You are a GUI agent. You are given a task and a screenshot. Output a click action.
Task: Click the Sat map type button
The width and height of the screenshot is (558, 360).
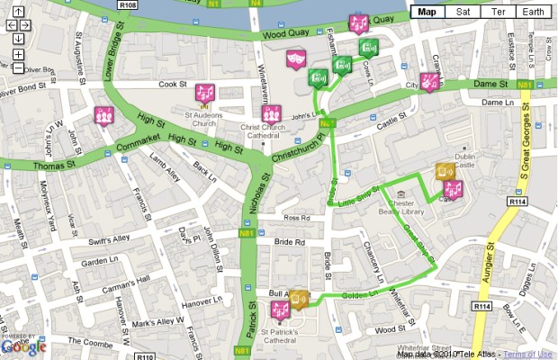[x=463, y=12]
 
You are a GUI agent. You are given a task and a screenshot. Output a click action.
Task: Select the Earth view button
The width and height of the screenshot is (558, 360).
[x=533, y=12]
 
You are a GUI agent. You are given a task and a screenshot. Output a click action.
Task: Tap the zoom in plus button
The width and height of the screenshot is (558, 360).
[x=18, y=55]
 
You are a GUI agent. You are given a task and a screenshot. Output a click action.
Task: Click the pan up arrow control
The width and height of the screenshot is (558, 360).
[x=18, y=11]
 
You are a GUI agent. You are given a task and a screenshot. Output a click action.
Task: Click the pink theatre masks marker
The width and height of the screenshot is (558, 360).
[x=292, y=59]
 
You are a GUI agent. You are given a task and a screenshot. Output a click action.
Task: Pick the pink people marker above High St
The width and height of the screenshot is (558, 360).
[x=104, y=115]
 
